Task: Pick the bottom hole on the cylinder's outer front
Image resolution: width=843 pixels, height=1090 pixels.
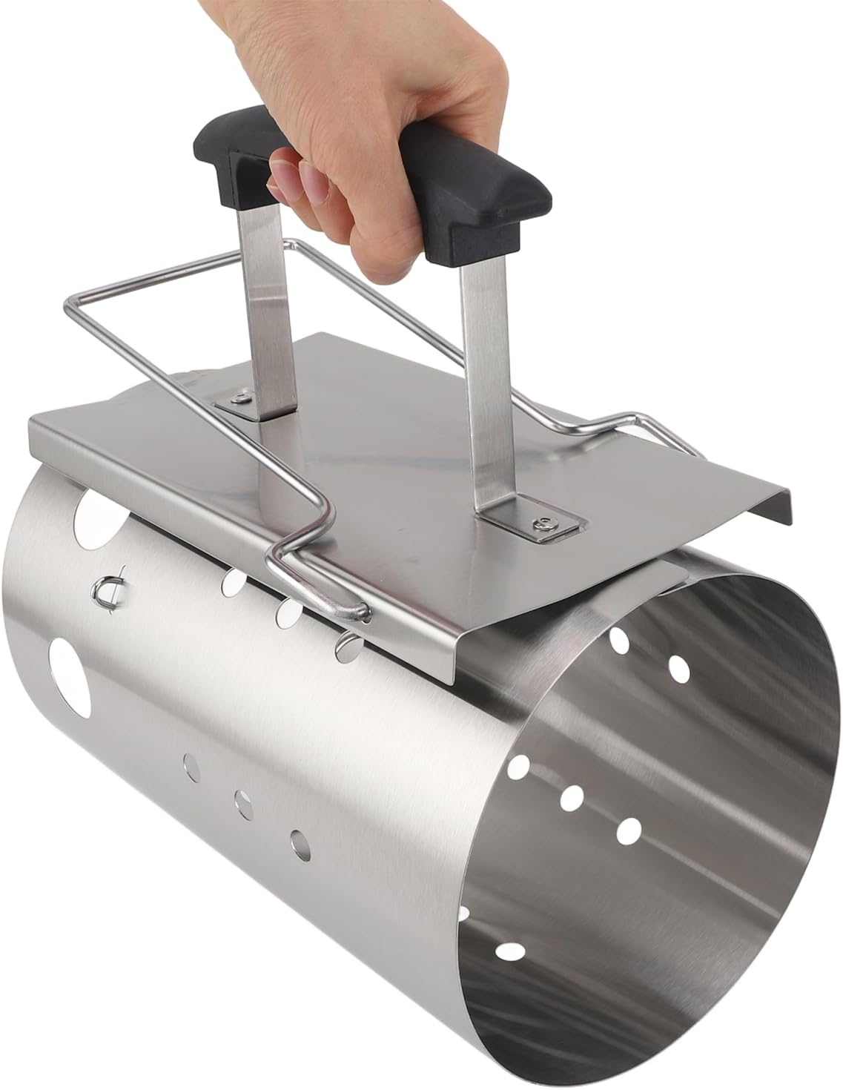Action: pyautogui.click(x=300, y=840)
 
